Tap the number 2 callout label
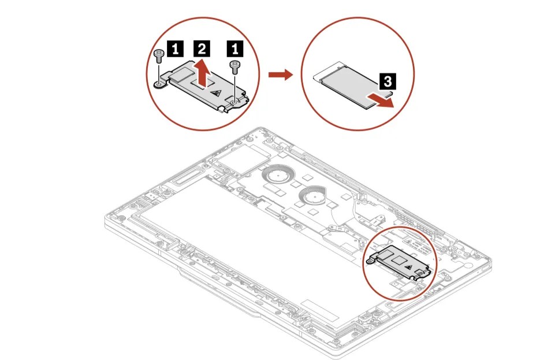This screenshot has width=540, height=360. [x=200, y=44]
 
